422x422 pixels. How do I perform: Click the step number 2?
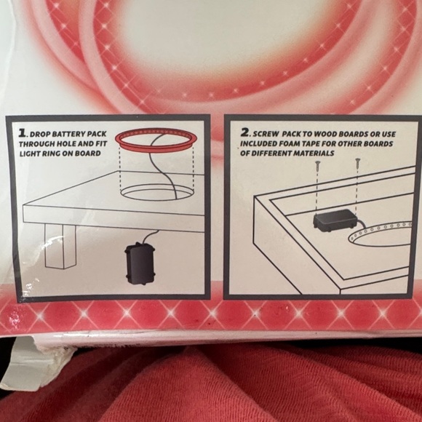point(245,134)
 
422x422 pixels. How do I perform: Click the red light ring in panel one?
point(152,138)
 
